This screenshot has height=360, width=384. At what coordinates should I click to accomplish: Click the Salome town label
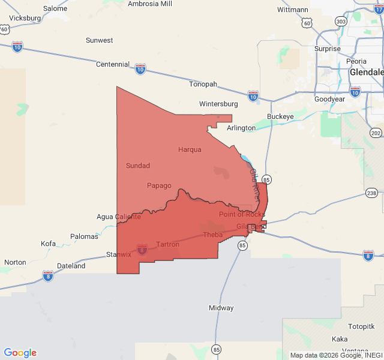(x=55, y=8)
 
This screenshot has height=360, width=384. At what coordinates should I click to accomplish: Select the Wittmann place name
(x=293, y=10)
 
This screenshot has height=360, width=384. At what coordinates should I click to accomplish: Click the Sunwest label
(x=99, y=40)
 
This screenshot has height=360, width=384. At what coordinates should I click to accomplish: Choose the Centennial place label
(x=112, y=64)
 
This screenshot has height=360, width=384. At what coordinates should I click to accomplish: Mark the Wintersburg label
(x=218, y=104)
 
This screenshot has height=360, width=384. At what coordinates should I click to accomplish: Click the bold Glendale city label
(x=367, y=72)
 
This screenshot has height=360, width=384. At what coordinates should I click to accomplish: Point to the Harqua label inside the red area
(x=190, y=149)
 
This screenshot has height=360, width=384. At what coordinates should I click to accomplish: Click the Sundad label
(x=138, y=166)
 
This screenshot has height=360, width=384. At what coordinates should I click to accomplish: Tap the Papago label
(x=159, y=185)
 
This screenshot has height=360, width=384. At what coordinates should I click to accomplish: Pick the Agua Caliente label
(x=119, y=217)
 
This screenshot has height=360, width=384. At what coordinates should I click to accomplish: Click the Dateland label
(x=71, y=266)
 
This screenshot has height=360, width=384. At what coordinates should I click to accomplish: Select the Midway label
(x=221, y=308)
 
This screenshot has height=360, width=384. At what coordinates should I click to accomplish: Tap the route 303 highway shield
(x=341, y=21)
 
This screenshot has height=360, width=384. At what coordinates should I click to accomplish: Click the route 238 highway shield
(x=371, y=193)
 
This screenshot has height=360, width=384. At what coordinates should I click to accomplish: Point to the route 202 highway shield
(x=376, y=133)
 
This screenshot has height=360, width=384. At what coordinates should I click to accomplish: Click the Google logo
(x=20, y=353)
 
